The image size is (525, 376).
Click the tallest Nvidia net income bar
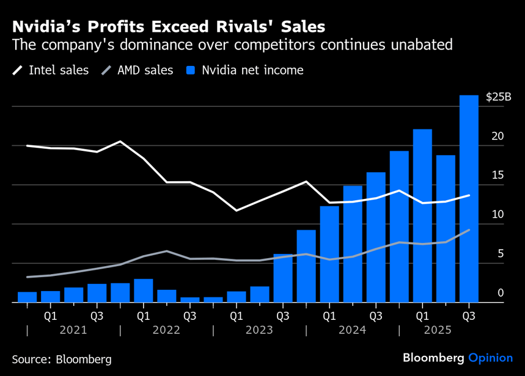click(469, 198)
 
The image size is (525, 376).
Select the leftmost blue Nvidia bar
click(27, 297)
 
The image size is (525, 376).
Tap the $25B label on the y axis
click(498, 96)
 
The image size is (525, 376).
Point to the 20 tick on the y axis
click(498, 136)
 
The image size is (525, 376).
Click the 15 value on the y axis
click(498, 175)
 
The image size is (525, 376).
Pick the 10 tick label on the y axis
click(498, 215)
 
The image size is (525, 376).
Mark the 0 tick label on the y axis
click(501, 294)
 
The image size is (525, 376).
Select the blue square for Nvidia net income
click(191, 70)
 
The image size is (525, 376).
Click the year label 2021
click(73, 330)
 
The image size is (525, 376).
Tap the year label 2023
click(259, 330)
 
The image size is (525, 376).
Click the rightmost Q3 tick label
click(469, 316)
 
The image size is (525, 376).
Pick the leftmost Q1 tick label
click(50, 316)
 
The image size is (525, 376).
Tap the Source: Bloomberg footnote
click(62, 358)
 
